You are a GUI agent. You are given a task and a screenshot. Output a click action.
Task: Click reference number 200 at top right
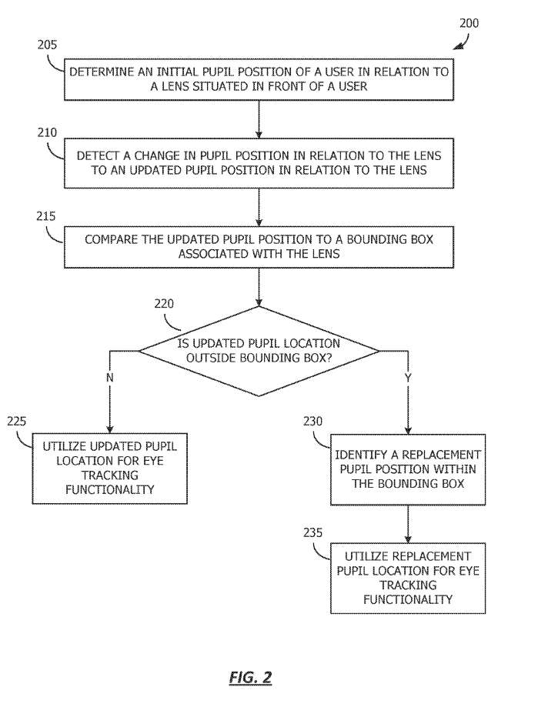469,23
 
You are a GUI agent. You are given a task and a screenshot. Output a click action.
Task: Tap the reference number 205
47,45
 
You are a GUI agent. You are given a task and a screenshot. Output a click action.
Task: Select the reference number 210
47,133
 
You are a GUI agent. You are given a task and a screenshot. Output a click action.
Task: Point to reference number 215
46,216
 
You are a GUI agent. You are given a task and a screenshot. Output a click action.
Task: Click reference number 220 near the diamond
164,304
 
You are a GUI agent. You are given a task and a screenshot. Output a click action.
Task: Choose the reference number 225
17,422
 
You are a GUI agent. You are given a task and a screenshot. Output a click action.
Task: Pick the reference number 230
312,422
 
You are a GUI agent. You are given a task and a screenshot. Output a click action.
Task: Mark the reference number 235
312,533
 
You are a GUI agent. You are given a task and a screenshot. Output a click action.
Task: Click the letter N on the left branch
109,378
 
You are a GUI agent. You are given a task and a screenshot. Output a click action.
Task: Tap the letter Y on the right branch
408,378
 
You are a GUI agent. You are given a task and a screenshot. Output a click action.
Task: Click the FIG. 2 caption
251,677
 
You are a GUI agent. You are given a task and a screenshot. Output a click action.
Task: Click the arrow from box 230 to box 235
408,524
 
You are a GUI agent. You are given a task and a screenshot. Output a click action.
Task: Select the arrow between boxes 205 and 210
259,119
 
